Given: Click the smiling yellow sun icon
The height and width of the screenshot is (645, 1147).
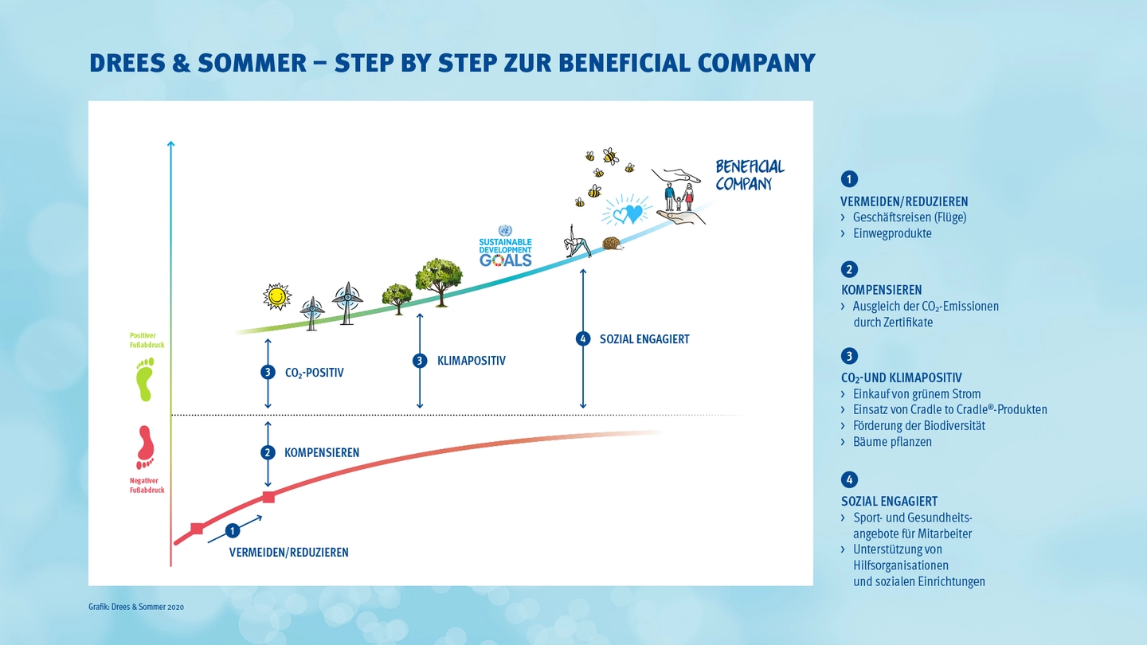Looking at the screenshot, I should point(276,296).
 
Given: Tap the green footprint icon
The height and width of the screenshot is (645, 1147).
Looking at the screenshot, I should point(144,379).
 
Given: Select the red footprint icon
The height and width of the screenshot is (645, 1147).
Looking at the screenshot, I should point(145,447).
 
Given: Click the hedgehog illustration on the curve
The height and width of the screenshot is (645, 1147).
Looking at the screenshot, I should point(613,243).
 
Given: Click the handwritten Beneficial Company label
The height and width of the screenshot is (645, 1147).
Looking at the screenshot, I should point(749,174).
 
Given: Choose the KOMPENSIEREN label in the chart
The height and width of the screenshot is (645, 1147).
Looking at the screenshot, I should point(321,453).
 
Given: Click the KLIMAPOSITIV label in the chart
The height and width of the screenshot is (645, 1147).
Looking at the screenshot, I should point(471,361).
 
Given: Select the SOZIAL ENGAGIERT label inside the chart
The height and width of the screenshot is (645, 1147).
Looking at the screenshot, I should point(644,339).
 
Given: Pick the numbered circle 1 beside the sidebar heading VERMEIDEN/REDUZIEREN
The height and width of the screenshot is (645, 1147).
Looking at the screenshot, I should point(849,179).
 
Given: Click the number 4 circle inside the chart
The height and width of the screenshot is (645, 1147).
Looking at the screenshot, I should point(583,338).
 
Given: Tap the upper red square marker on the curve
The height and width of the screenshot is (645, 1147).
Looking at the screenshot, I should point(268,497).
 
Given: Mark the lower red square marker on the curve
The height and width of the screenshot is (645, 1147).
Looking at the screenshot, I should point(197,528).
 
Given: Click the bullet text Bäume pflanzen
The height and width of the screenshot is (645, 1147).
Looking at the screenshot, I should point(891,442).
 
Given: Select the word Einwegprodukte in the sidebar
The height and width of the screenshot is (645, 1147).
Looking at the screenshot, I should point(891,233).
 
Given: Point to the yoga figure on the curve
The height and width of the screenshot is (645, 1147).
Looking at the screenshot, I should point(577,240).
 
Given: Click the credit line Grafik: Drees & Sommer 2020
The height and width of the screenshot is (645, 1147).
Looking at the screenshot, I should point(136,608).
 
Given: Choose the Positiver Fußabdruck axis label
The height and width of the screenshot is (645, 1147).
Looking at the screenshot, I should point(147,340).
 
